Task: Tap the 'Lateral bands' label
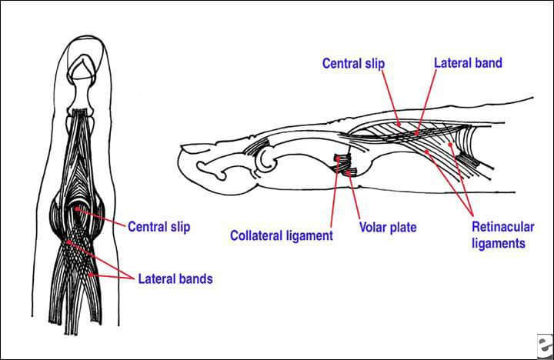tap(175, 278)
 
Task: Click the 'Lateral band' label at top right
tap(468, 63)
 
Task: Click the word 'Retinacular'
tap(499, 228)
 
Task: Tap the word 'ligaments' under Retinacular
tap(499, 243)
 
